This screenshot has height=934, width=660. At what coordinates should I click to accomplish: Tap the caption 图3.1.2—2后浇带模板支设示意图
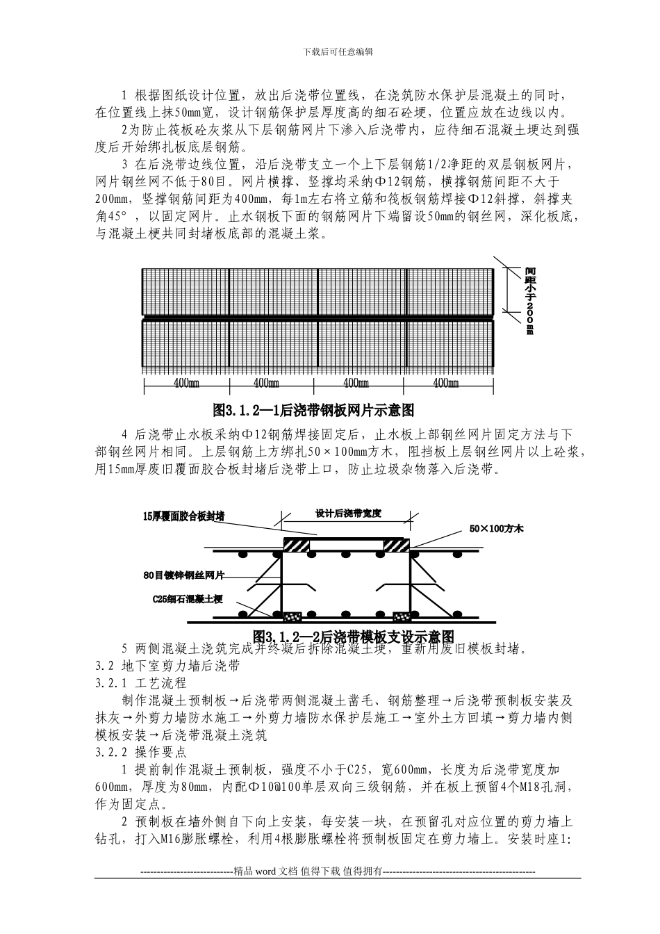(354, 637)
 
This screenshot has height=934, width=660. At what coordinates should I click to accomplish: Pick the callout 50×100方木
(496, 529)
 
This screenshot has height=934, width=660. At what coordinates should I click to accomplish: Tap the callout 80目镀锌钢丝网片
(184, 575)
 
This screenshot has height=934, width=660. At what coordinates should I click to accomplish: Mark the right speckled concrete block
(401, 616)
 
